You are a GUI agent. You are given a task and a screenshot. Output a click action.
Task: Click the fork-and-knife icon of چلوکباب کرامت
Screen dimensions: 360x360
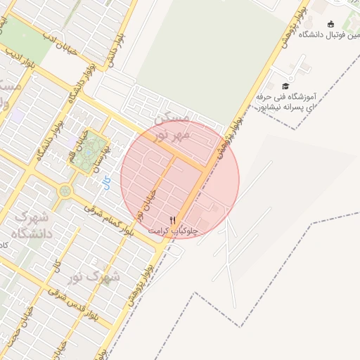coord(173,220)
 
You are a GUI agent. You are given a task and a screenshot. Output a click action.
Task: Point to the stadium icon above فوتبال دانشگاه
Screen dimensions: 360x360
coord(330,24)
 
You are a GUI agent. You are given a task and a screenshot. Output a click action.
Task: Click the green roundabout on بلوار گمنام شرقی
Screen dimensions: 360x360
coord(65,190)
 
